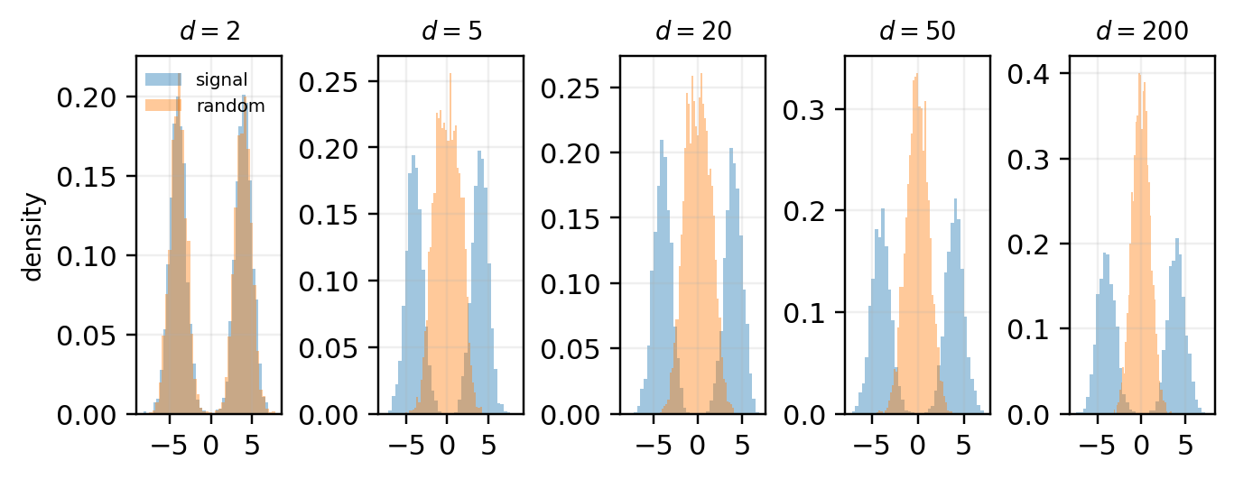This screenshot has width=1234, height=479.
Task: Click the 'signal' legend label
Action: pos(221,79)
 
